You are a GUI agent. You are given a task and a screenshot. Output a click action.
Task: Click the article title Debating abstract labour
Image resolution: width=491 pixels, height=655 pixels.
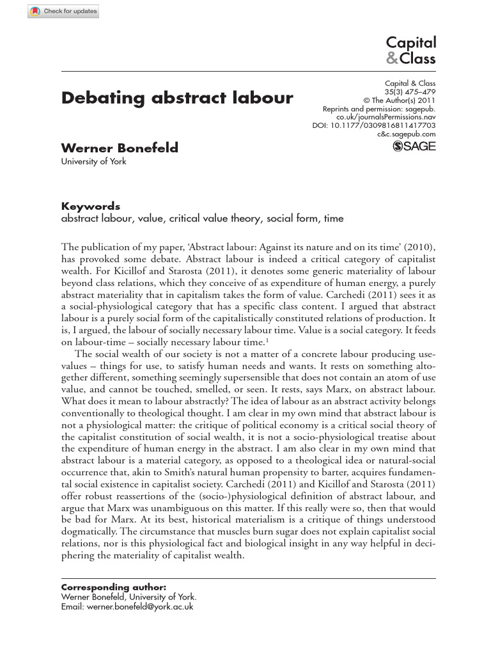(x=177, y=98)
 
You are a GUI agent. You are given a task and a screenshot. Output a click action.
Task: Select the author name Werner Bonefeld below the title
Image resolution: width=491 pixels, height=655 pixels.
(x=120, y=148)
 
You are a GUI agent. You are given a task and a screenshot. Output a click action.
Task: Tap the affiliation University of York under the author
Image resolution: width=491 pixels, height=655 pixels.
(x=93, y=161)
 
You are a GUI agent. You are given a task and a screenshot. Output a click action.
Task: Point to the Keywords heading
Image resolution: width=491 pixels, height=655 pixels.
(x=90, y=206)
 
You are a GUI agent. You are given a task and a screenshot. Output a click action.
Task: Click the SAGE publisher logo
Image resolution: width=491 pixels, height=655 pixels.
(x=414, y=146)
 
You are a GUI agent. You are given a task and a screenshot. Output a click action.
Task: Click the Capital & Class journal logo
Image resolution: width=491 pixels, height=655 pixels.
(x=411, y=51)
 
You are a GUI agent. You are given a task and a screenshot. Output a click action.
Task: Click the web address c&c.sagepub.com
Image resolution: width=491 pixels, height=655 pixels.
(x=407, y=134)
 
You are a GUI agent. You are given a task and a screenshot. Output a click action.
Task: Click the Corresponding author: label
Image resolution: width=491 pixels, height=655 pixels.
(x=113, y=587)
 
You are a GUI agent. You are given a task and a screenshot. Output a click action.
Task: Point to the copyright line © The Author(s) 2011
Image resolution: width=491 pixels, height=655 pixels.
(x=399, y=100)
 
